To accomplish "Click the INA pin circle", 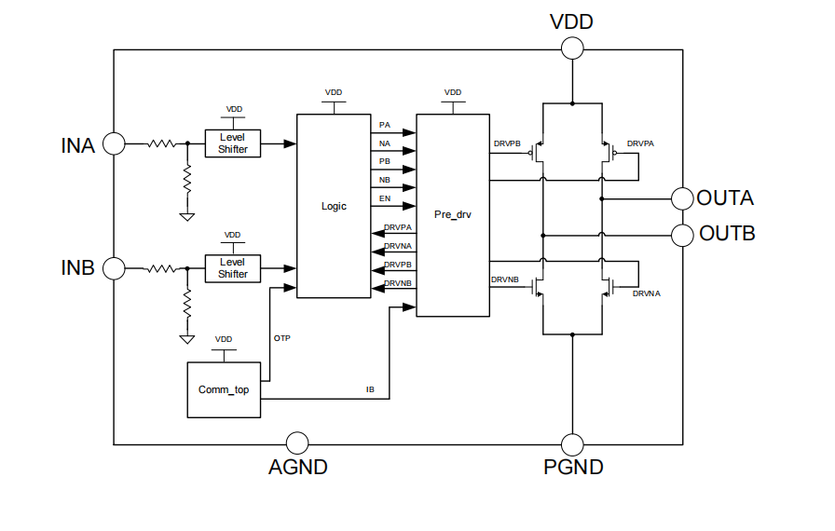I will tap(114, 143).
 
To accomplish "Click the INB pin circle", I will tap(114, 268).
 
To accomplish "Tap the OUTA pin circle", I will tap(683, 197).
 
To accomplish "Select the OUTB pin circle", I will tap(683, 233).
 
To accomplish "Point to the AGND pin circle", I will tap(297, 443).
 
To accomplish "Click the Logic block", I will tap(333, 206).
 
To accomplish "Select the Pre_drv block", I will tap(453, 215).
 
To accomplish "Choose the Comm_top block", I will tap(224, 389).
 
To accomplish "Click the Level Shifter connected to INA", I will tap(233, 143).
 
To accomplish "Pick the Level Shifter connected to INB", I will tap(233, 268).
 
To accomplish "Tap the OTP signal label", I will tap(282, 338).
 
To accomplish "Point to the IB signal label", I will tap(370, 388).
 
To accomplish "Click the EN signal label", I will tap(385, 198).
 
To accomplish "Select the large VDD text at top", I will tap(571, 21).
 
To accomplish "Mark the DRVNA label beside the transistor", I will tap(646, 293).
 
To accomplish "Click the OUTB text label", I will tap(727, 233).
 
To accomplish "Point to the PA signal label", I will tap(385, 125).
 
